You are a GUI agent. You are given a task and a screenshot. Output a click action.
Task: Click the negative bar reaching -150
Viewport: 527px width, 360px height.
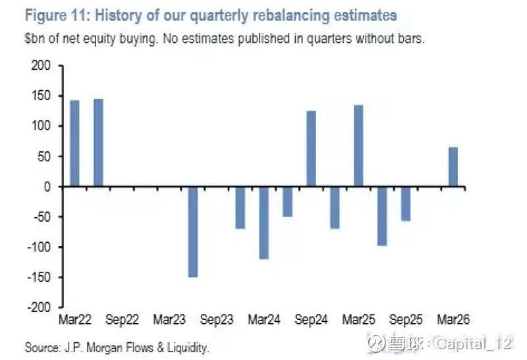pyautogui.click(x=193, y=232)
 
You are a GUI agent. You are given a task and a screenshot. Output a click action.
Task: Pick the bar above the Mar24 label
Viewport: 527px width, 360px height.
pyautogui.click(x=263, y=222)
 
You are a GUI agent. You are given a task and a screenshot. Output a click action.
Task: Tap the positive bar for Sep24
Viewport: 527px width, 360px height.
pyautogui.click(x=311, y=149)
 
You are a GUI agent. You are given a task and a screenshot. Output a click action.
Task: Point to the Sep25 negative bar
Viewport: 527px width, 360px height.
pyautogui.click(x=406, y=203)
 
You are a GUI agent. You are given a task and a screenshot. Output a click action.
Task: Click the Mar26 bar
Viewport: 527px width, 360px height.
pyautogui.click(x=453, y=167)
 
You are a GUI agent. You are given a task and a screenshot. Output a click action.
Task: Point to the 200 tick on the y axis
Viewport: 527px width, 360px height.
pyautogui.click(x=41, y=66)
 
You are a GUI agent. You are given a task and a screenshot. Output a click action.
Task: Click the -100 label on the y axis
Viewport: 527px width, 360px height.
pyautogui.click(x=39, y=247)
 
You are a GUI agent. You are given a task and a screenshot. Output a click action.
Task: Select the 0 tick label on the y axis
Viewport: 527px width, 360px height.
pyautogui.click(x=47, y=187)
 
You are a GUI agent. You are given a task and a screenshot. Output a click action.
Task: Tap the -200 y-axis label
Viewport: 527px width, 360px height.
pyautogui.click(x=39, y=307)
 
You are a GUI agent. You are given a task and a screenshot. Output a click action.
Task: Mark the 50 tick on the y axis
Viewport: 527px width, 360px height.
pyautogui.click(x=43, y=157)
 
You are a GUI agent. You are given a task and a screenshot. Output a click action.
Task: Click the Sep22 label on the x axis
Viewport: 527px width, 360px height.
pyautogui.click(x=122, y=321)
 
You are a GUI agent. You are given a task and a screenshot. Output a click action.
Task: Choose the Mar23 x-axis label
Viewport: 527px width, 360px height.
pyautogui.click(x=169, y=321)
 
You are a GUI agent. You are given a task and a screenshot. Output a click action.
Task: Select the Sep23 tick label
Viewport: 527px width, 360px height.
pyautogui.click(x=217, y=321)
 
